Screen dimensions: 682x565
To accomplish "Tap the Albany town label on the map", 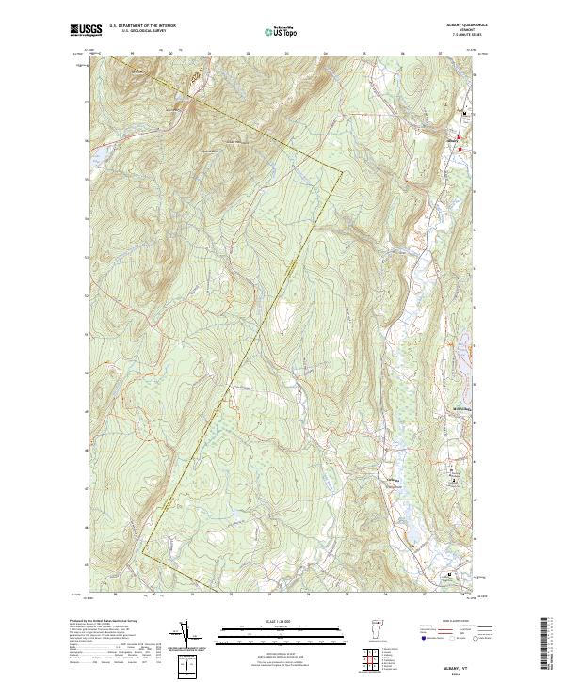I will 452,143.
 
